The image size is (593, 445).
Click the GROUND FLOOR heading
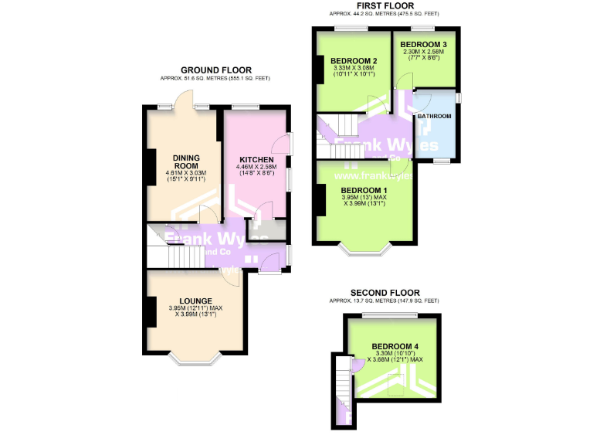coord(215,70)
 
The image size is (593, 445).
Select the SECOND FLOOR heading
coord(384,292)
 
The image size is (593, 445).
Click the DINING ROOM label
coord(185,161)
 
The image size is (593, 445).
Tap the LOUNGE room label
coord(195,301)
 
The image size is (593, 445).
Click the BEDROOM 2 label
coord(353,61)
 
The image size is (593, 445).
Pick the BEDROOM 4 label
coord(395,346)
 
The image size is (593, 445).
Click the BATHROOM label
coord(435,116)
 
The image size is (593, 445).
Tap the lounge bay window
coord(195,358)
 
